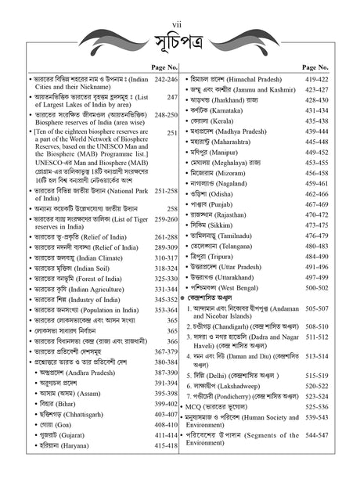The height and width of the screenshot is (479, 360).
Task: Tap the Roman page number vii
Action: click(x=179, y=6)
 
